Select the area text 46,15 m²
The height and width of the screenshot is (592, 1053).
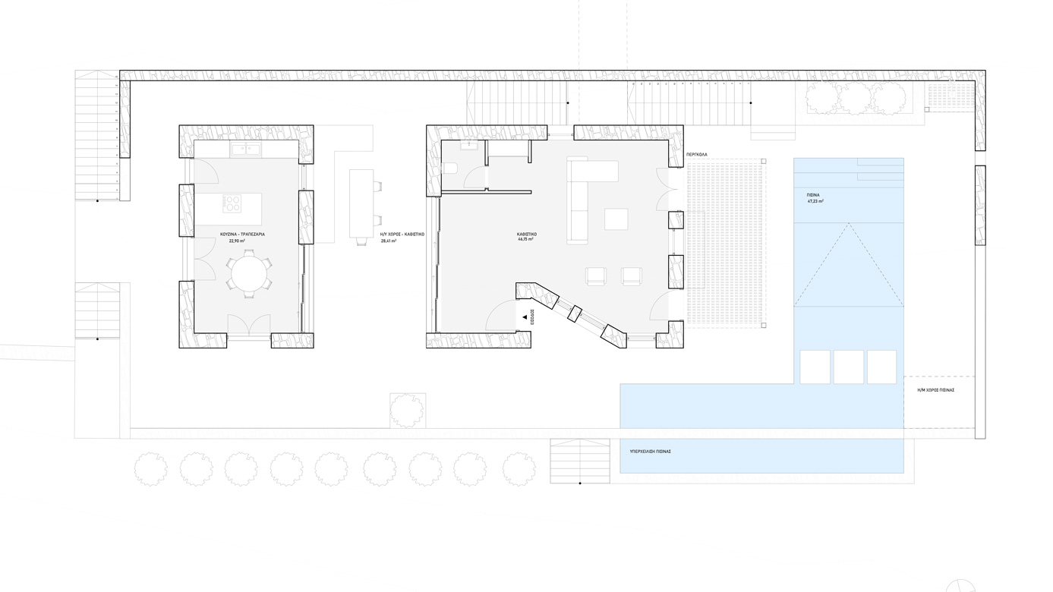[x=525, y=239]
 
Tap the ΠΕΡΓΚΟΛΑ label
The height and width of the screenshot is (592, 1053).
[x=696, y=154]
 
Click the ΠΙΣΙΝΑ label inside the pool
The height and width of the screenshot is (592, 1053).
[x=812, y=195]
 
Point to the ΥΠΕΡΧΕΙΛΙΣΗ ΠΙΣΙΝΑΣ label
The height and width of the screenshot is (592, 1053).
[x=650, y=451]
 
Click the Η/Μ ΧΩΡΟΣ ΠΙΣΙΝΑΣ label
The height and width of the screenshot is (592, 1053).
[x=935, y=389]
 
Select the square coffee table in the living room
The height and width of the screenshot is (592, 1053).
[x=616, y=219]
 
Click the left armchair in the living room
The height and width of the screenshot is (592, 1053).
[x=595, y=276]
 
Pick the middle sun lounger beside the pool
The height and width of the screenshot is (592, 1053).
[x=849, y=367]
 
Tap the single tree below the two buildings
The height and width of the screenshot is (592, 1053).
[x=407, y=410]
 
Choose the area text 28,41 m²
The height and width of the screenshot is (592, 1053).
[x=388, y=241]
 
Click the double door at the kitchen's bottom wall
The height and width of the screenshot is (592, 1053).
[x=249, y=326]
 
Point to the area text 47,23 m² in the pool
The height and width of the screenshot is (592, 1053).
[x=815, y=202]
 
